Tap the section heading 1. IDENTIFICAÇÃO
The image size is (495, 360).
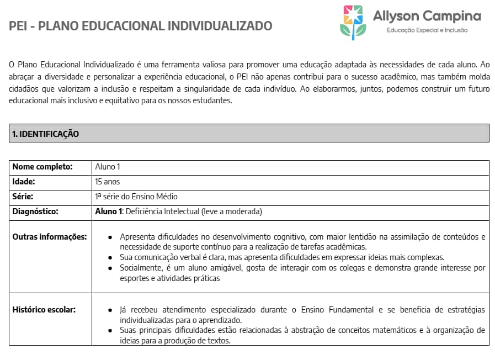[x=46, y=134]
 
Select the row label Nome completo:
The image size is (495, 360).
[x=42, y=167]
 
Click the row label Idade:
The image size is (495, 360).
[x=24, y=182]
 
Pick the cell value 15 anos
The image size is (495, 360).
[x=107, y=182]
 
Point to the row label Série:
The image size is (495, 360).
[x=23, y=197]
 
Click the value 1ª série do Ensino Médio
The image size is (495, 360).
[x=136, y=197]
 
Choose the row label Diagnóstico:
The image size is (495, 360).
[x=35, y=211]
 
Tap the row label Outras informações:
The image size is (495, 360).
[x=50, y=237]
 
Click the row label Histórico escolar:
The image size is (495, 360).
[x=44, y=309]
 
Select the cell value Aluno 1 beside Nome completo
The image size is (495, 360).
[x=108, y=167]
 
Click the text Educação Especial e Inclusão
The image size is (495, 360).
[x=427, y=30]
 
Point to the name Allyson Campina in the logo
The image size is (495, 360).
[x=427, y=16]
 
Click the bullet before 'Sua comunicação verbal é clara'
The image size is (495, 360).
[x=111, y=258]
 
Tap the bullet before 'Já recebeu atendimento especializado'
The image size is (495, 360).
[x=111, y=310]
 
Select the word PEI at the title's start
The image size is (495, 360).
[x=19, y=26]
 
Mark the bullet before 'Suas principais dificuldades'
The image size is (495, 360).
[x=111, y=331]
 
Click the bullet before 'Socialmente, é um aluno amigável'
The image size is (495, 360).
[x=111, y=268]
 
